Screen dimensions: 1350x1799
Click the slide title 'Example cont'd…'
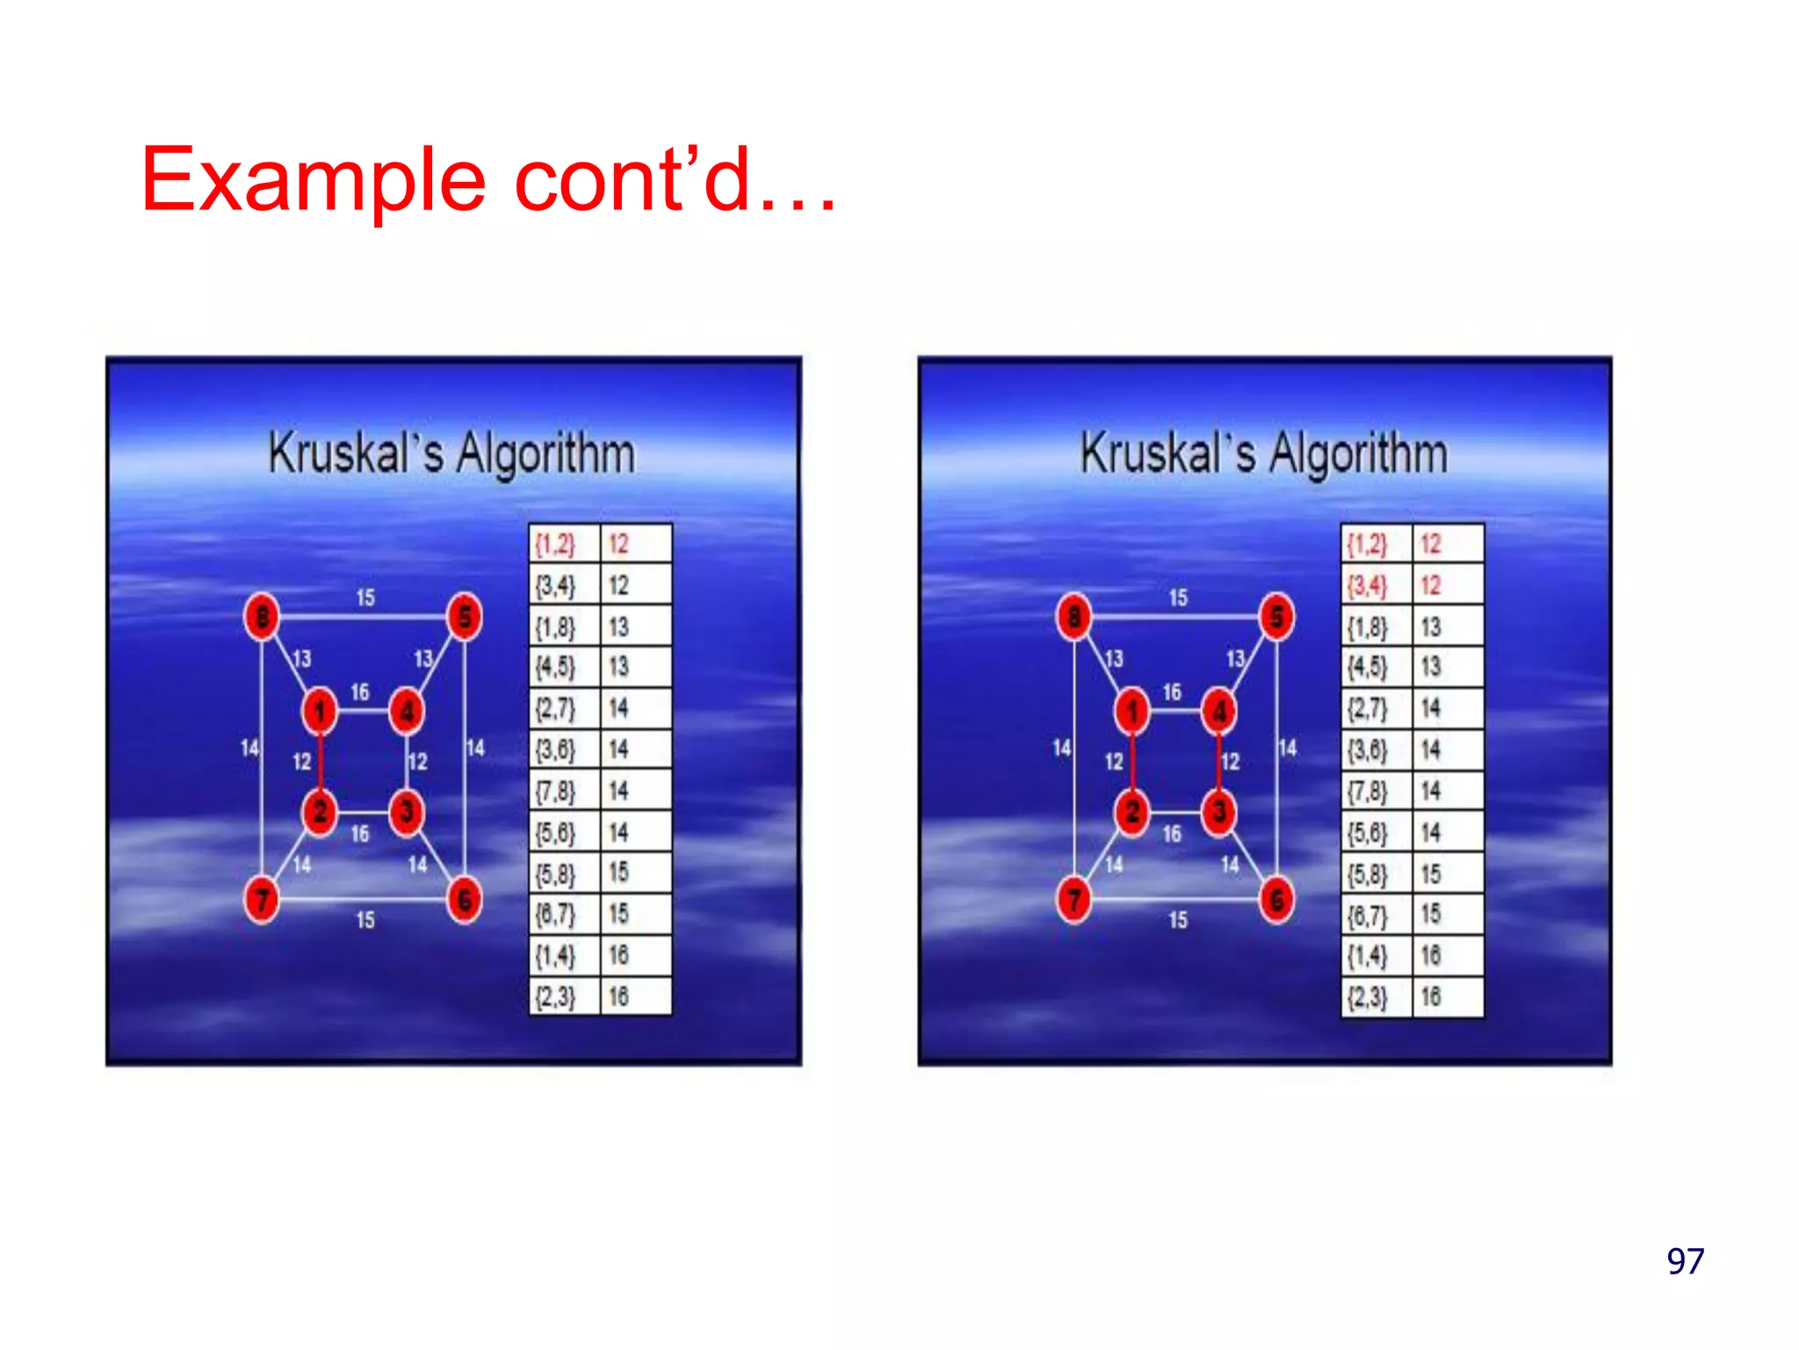coord(488,180)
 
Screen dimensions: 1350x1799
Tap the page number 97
coord(1685,1261)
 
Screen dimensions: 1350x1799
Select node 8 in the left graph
coord(262,616)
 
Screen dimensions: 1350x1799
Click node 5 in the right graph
coord(1276,616)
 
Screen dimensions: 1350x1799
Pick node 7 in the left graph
coord(262,900)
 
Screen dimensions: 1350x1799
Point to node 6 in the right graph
coord(1276,900)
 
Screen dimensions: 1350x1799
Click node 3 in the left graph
coord(407,811)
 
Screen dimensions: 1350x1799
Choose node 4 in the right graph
coord(1219,711)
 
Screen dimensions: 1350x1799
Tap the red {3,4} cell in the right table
coord(1369,585)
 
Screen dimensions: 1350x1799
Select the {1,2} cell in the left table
coord(556,544)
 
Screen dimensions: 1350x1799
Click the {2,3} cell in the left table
coord(556,997)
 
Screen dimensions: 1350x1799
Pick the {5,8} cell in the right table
coord(1369,874)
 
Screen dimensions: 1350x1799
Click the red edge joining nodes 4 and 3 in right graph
coord(1219,761)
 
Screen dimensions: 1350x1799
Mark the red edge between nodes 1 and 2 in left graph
coord(321,761)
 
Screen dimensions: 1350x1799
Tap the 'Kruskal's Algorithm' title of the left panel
coord(452,454)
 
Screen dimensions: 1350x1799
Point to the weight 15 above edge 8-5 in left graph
coord(365,598)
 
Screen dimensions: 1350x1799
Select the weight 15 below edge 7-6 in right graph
coord(1178,920)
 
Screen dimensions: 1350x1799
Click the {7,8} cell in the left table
coord(556,791)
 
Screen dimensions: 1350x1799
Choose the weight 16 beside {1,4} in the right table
coord(1431,955)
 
